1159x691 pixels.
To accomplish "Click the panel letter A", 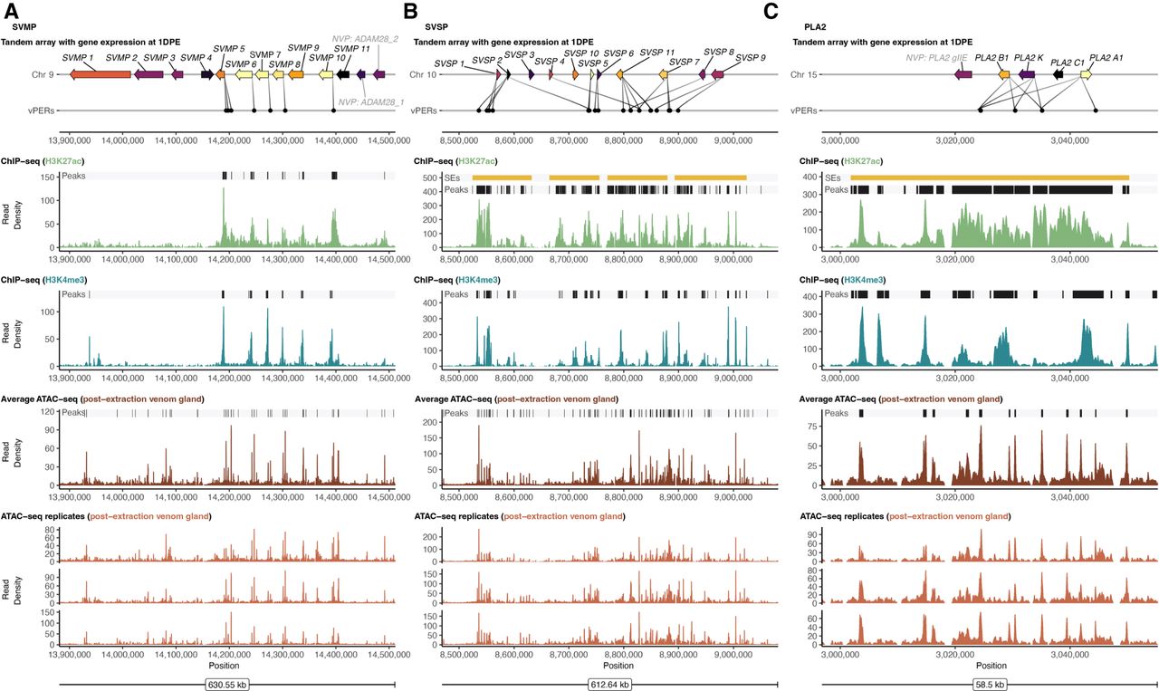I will (x=12, y=12).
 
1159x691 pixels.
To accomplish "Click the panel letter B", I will (x=410, y=12).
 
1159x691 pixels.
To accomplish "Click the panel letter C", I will (x=771, y=12).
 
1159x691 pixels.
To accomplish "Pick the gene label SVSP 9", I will (x=751, y=57).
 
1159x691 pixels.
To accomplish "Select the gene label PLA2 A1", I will (x=1106, y=57).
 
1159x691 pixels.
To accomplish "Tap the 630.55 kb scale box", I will (x=227, y=685).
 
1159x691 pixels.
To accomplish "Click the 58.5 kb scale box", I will (x=990, y=685).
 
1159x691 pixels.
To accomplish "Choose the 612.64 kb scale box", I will (x=609, y=685).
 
